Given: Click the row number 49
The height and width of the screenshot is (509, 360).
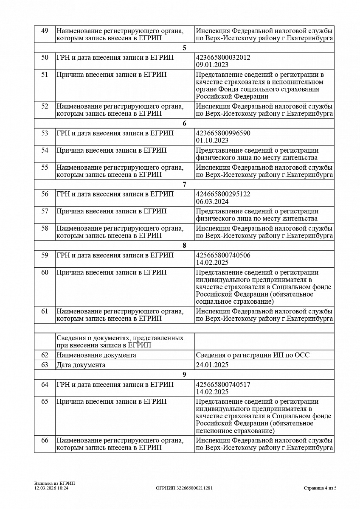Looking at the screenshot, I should pyautogui.click(x=45, y=31).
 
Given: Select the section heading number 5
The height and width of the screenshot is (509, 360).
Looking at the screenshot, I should pyautogui.click(x=184, y=48).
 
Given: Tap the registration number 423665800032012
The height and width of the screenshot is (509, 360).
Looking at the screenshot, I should pyautogui.click(x=223, y=57).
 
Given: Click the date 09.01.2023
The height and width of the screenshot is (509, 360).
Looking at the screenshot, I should pyautogui.click(x=212, y=65).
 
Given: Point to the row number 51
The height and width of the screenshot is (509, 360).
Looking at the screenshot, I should pyautogui.click(x=45, y=75).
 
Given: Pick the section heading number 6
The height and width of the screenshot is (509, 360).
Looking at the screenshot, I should pyautogui.click(x=184, y=124).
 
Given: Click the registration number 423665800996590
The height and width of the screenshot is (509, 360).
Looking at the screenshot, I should pyautogui.click(x=223, y=133).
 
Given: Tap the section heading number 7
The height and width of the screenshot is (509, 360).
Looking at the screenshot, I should pyautogui.click(x=184, y=185).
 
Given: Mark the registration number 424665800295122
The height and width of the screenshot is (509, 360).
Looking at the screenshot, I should pyautogui.click(x=223, y=194).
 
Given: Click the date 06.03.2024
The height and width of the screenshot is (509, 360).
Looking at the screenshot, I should pyautogui.click(x=212, y=201).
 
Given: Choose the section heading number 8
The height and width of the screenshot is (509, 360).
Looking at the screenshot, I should pyautogui.click(x=184, y=246).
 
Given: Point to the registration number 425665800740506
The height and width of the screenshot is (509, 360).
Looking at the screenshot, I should pyautogui.click(x=223, y=255).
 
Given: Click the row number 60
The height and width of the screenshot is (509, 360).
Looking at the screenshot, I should pyautogui.click(x=45, y=272).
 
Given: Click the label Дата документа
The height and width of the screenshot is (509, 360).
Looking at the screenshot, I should pyautogui.click(x=81, y=365).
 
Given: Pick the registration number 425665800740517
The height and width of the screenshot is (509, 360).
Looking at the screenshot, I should pyautogui.click(x=223, y=385).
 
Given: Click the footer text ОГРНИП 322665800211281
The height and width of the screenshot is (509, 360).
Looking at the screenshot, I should pyautogui.click(x=184, y=488).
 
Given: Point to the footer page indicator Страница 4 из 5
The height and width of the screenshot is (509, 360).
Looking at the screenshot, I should pyautogui.click(x=320, y=488).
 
